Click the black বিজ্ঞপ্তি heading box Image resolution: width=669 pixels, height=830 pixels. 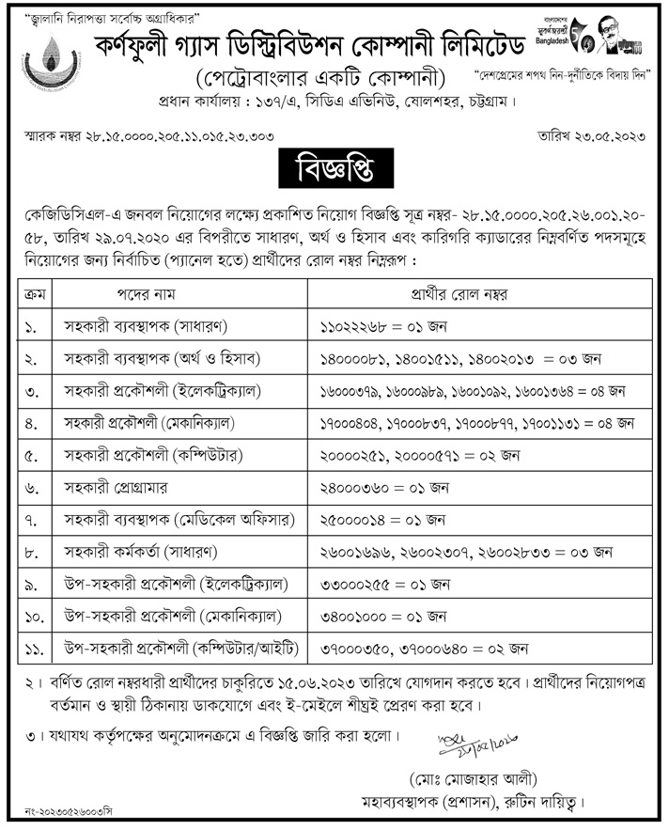[x=334, y=173]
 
